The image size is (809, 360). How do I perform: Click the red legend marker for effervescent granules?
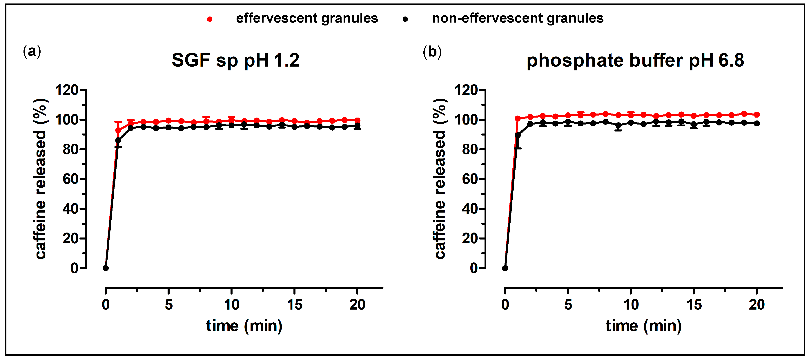coord(209,19)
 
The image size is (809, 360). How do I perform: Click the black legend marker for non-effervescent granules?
coord(405,19)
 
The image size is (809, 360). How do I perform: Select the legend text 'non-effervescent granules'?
coord(518,18)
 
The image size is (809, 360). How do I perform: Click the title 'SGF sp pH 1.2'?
coord(235,60)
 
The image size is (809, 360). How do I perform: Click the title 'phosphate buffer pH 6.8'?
coord(635,60)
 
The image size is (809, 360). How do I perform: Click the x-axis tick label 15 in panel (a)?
coord(294,304)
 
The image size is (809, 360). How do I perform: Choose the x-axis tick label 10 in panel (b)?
coord(631,304)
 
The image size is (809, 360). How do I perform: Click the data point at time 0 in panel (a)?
coord(106,268)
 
